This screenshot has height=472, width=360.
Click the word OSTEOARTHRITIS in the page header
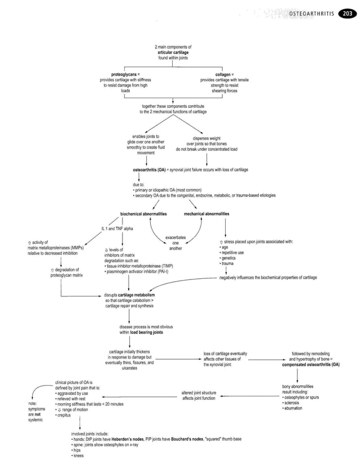(311, 13)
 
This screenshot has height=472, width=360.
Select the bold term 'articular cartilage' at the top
(173, 52)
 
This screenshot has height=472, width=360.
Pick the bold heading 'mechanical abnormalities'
(207, 214)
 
